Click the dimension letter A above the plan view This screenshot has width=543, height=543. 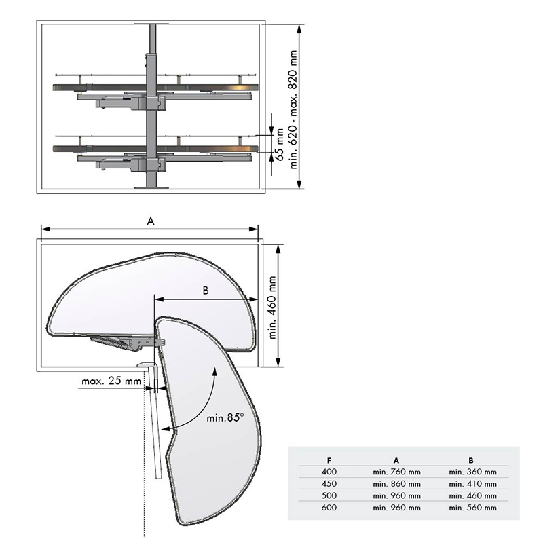pos(150,221)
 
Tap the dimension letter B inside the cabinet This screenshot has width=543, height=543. pos(206,291)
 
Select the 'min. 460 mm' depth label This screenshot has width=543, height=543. pos(273,307)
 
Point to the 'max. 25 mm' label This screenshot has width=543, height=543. pos(111,381)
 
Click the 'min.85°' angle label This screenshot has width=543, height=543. pos(225,417)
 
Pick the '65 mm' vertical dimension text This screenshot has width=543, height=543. pos(279,145)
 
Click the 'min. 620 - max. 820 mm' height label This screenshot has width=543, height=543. pos(293,109)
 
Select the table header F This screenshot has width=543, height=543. pos(329,461)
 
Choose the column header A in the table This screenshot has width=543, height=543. pos(396,461)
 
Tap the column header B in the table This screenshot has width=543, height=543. pos(471,461)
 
